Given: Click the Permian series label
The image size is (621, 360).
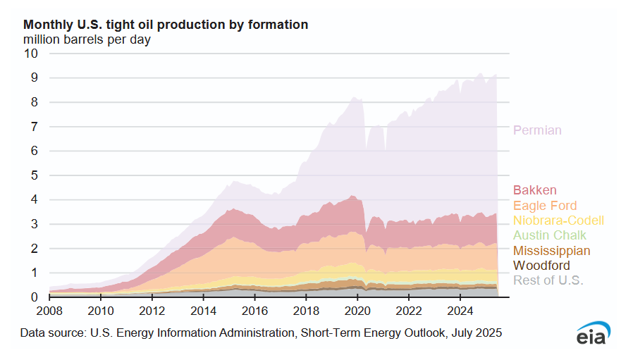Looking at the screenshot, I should click(537, 130).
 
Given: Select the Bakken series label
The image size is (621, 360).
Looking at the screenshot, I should click(535, 190).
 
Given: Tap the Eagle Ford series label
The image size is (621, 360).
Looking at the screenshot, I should click(545, 206).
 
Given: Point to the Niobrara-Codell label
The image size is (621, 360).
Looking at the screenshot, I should click(558, 221).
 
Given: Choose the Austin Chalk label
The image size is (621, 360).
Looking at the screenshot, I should click(550, 235).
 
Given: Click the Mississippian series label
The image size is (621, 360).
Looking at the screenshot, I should click(552, 251).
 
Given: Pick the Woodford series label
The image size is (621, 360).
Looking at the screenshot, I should click(541, 266).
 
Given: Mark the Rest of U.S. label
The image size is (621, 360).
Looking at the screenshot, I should click(548, 281).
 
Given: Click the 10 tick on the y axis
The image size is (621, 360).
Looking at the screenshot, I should click(32, 54).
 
